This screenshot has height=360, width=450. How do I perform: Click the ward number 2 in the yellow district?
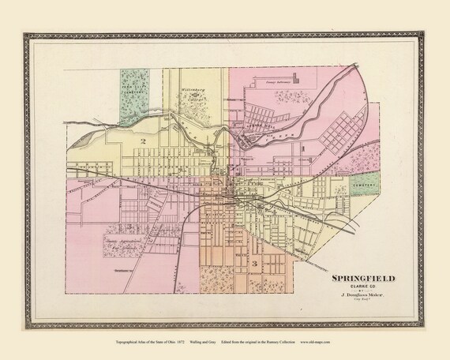[144, 141]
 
